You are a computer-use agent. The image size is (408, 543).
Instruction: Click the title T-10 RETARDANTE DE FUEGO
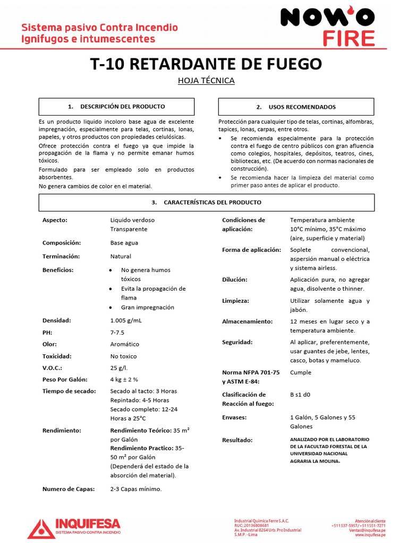[206, 64]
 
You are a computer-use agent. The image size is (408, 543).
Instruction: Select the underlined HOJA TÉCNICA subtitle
[206, 81]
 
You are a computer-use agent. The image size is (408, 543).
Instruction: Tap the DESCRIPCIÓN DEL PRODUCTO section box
[116, 107]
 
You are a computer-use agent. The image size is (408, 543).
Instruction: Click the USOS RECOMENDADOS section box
[296, 107]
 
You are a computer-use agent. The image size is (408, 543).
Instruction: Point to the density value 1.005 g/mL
[126, 321]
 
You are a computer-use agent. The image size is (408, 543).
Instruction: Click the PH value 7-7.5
[117, 332]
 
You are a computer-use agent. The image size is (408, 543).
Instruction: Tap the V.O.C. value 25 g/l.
[119, 367]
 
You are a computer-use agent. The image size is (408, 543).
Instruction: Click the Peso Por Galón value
[124, 380]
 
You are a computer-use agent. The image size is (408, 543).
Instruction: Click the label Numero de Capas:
[68, 489]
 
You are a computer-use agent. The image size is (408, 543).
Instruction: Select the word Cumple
[301, 372]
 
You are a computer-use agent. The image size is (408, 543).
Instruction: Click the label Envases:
[234, 417]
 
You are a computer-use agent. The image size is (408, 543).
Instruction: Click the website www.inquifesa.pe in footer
[370, 535]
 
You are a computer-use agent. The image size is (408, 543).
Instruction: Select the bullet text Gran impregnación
[147, 308]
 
